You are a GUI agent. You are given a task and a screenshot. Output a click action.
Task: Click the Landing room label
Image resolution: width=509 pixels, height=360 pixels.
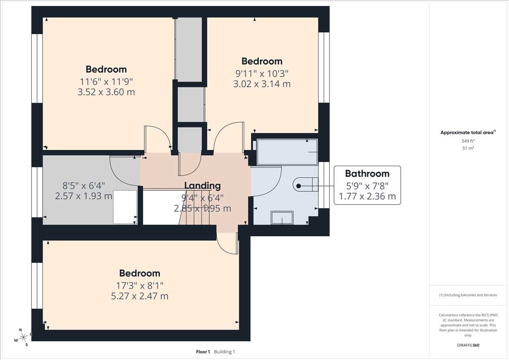202,186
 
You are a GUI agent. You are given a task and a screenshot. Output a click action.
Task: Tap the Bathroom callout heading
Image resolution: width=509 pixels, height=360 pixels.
367,174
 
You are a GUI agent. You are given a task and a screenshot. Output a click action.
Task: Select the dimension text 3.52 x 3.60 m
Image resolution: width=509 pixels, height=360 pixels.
106,92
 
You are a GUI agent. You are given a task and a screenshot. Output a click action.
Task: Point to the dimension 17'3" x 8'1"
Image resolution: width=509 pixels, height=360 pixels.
140,286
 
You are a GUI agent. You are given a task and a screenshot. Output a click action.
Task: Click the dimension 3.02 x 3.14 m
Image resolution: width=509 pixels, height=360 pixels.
262,84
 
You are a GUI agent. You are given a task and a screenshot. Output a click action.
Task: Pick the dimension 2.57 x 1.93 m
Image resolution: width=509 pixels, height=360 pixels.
84,196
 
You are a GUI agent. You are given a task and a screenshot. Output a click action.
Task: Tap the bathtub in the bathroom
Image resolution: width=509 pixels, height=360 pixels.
287,152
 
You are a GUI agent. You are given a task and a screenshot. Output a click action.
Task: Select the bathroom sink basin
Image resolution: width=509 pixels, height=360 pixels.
282,218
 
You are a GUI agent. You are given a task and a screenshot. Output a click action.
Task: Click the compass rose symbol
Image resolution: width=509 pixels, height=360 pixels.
23,337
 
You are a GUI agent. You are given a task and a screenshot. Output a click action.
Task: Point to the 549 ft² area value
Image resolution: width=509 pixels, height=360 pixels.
468,141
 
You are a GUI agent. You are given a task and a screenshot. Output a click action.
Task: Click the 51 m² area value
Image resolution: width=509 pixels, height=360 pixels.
468,148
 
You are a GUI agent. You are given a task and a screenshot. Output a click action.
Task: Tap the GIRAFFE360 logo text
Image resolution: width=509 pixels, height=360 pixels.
468,345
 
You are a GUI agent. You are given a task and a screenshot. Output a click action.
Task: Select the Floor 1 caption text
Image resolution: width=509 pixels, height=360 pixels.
203,352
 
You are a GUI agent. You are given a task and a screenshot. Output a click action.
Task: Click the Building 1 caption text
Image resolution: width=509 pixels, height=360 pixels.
225,352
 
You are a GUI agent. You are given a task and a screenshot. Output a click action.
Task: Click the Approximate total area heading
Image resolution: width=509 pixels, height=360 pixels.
468,132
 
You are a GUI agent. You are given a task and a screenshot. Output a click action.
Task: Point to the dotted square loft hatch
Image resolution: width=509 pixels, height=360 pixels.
125,207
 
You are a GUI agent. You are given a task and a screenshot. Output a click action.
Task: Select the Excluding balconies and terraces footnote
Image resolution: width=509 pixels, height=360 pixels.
468,295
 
